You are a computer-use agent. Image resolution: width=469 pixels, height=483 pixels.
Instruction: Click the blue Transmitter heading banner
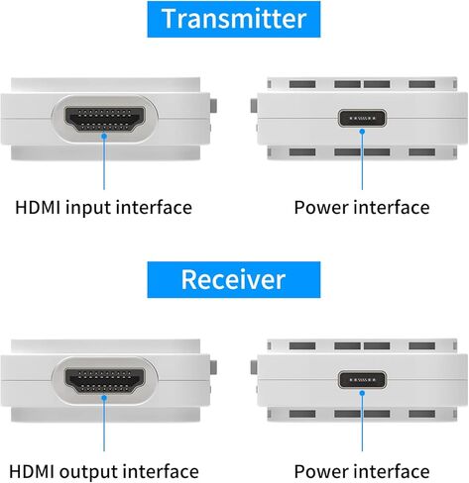[234, 19]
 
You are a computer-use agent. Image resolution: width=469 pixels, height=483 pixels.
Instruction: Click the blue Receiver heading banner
[234, 279]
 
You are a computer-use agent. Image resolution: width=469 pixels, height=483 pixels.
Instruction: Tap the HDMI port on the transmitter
[103, 121]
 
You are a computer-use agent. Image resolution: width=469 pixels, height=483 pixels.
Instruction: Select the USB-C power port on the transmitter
[362, 120]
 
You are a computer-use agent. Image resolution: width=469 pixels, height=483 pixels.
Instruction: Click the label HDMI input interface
[103, 208]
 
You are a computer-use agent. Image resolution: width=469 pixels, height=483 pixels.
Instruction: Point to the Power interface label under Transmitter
[362, 208]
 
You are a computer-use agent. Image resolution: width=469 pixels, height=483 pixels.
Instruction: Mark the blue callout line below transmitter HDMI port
[103, 163]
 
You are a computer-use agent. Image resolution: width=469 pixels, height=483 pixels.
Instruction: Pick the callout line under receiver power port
[362, 423]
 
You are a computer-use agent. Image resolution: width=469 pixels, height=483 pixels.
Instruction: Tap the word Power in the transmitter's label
[318, 208]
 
